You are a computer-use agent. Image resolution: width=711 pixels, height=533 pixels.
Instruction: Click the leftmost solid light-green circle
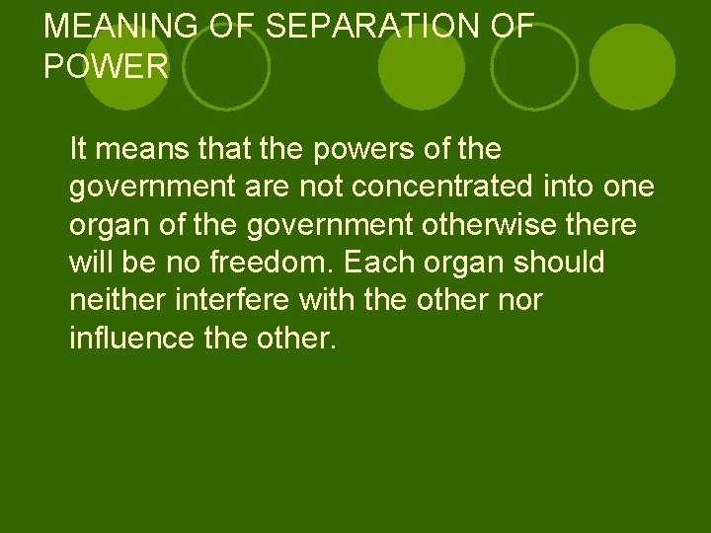click(125, 67)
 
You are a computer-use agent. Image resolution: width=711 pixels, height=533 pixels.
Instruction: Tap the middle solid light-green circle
click(422, 67)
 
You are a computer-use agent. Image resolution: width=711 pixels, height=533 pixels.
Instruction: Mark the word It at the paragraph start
click(79, 150)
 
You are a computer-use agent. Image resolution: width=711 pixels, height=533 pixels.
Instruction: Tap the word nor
click(522, 301)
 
